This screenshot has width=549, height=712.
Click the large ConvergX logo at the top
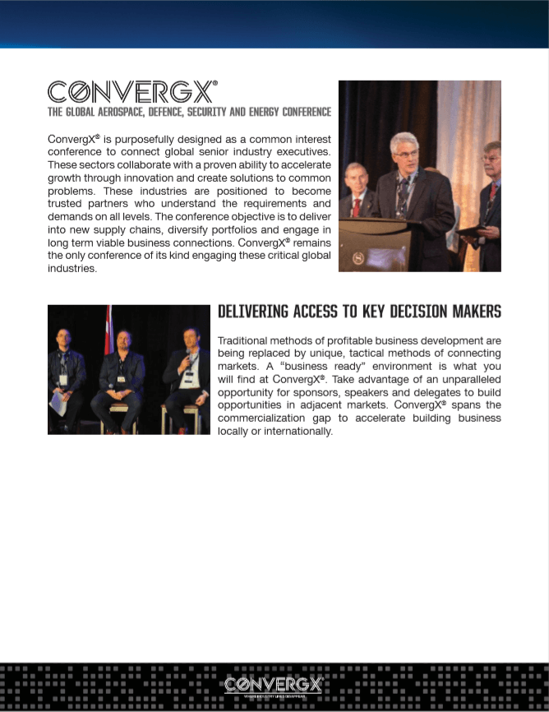132,91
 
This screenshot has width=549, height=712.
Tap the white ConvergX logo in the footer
274,684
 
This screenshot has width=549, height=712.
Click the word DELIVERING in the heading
252,312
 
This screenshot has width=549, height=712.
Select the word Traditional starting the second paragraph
242,340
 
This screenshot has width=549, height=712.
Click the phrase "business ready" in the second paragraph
305,365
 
